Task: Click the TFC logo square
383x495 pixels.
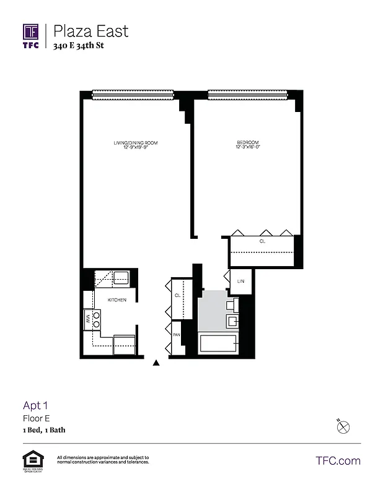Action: click(x=31, y=32)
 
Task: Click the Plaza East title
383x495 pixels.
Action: click(x=91, y=30)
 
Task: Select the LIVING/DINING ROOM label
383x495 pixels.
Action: click(x=136, y=143)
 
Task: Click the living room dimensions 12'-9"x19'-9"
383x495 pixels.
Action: click(x=136, y=148)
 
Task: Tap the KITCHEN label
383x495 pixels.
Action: click(x=117, y=300)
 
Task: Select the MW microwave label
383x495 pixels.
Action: click(x=87, y=319)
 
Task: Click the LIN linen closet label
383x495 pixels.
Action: click(x=240, y=282)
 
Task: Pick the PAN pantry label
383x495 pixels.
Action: click(x=176, y=335)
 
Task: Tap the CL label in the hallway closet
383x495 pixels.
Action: click(x=177, y=296)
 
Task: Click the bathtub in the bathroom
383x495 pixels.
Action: click(x=218, y=343)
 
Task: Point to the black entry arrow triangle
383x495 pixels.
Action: click(x=156, y=363)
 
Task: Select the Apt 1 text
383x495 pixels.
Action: click(x=35, y=406)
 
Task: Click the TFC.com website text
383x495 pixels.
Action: click(x=338, y=460)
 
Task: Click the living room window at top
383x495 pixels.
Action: click(x=133, y=95)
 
